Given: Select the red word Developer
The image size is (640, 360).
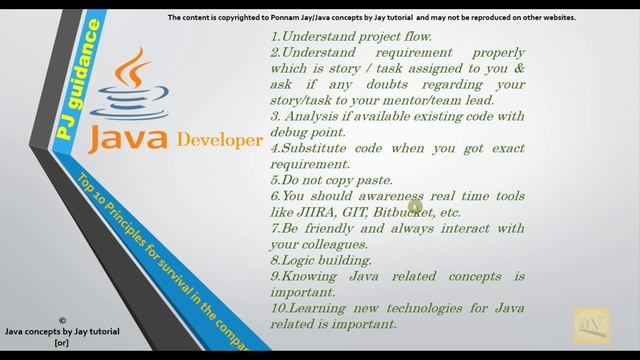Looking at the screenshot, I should point(219,139).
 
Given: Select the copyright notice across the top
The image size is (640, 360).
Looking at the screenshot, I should point(371,18).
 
